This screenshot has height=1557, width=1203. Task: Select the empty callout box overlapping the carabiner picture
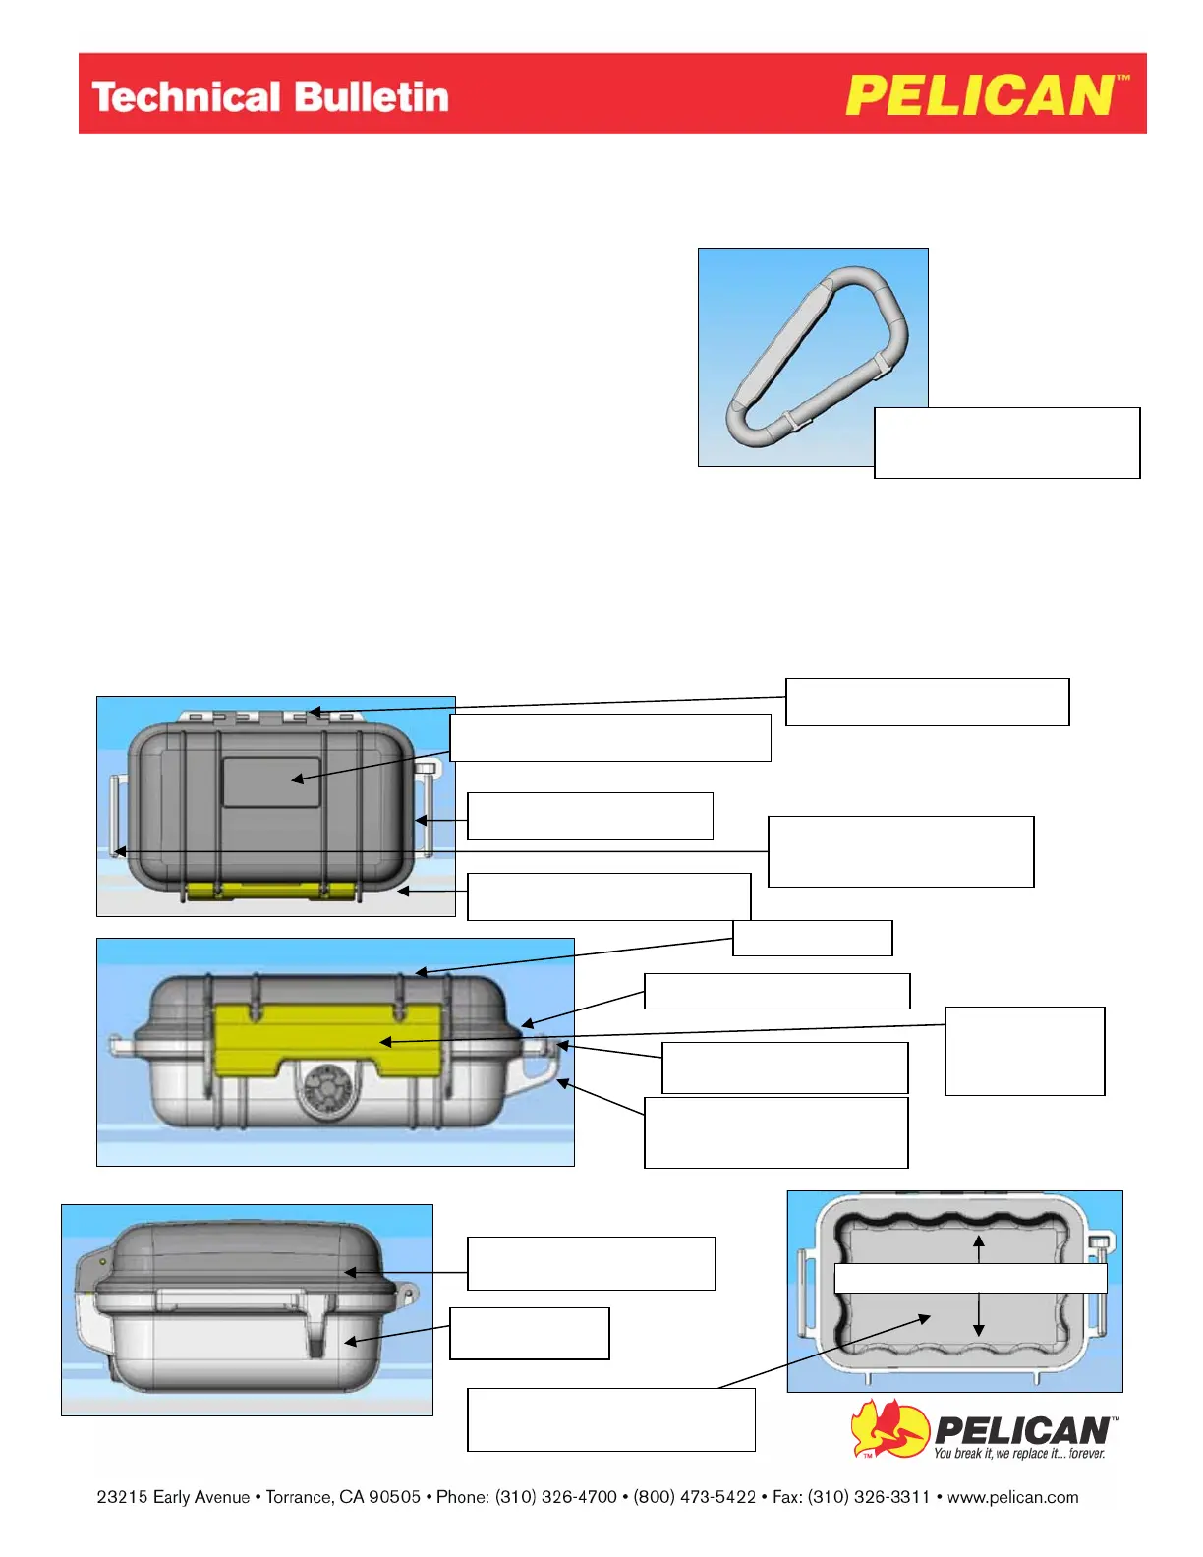[1006, 442]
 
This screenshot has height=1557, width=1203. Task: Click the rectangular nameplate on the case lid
[272, 782]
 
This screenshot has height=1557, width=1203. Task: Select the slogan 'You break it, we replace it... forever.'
[1019, 1453]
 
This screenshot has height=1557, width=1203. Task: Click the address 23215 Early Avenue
[173, 1497]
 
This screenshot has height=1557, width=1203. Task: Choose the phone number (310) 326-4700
[556, 1497]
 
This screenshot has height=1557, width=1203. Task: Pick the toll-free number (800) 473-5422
[694, 1497]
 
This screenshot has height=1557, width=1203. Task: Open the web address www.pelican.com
[1012, 1497]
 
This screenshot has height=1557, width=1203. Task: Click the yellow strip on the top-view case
[270, 891]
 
